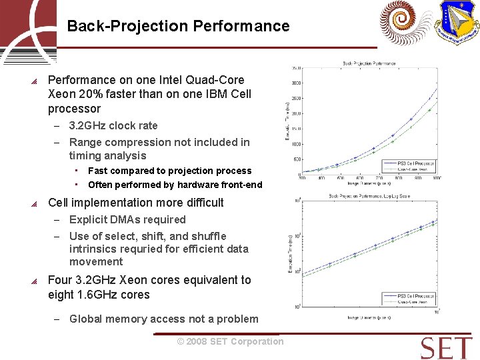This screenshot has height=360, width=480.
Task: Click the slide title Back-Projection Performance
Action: [178, 26]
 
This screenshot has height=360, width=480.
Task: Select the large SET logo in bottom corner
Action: [446, 347]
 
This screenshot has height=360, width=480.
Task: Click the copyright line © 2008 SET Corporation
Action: [230, 341]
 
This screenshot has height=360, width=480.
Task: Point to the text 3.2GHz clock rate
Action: [113, 125]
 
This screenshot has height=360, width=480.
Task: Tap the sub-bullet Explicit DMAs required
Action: [127, 219]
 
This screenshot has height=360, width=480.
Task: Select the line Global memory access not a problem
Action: [163, 319]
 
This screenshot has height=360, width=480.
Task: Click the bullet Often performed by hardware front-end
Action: [175, 185]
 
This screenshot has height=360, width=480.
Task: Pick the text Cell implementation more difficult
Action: [136, 203]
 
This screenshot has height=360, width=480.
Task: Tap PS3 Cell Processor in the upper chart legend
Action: [415, 163]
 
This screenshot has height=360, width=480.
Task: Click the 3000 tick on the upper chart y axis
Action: [296, 83]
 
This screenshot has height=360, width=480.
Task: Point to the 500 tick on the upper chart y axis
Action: [297, 159]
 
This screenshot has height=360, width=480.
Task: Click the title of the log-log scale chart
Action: [369, 196]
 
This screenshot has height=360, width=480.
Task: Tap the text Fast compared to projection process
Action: [169, 171]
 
